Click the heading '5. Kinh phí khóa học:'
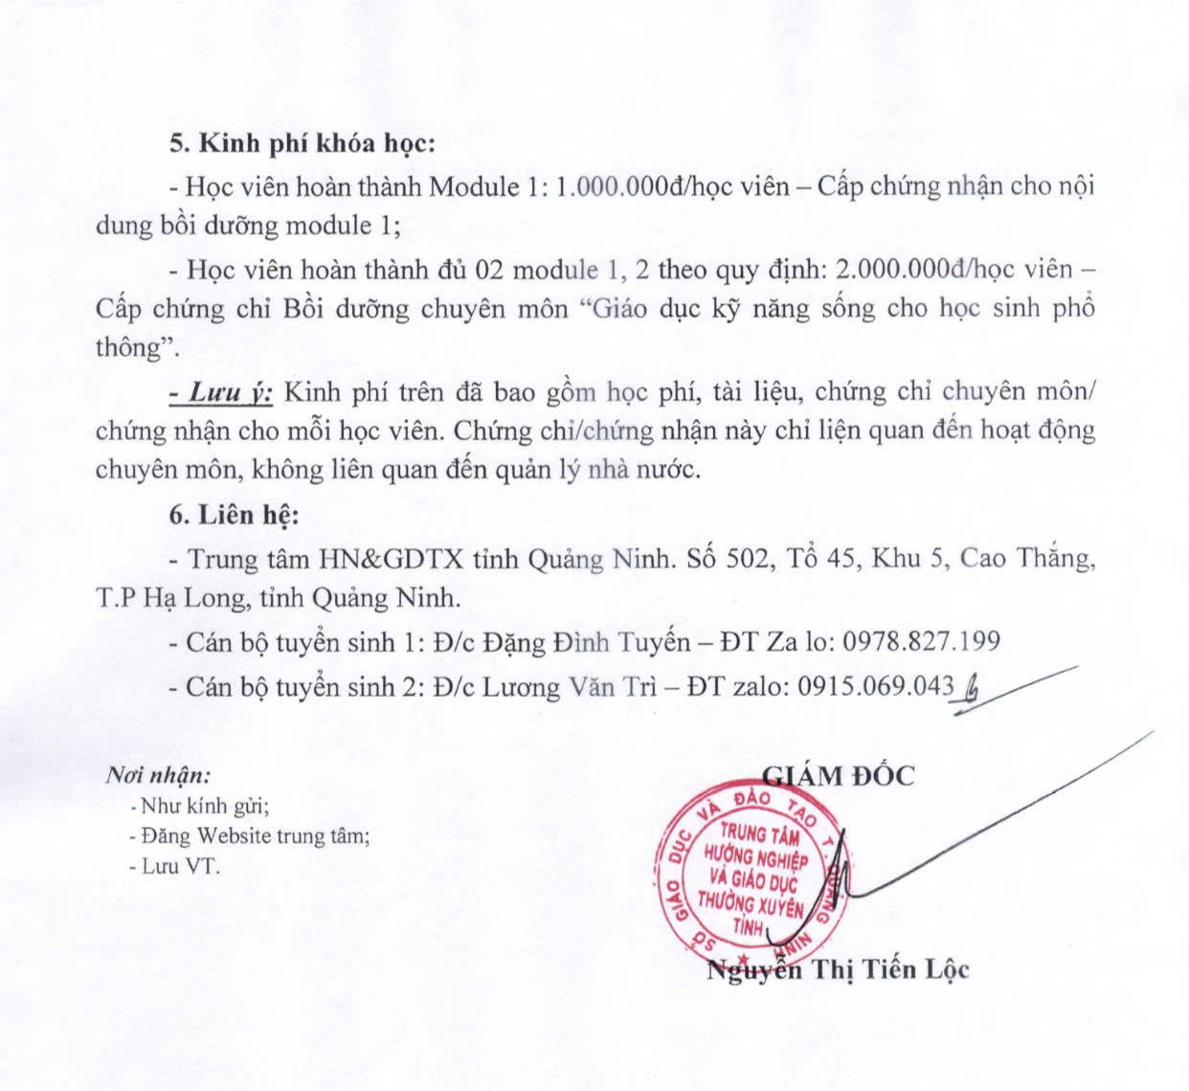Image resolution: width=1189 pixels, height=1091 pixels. point(303,144)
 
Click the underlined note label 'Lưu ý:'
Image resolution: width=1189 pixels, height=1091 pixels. point(222,391)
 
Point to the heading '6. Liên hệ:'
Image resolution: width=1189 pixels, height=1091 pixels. point(235,515)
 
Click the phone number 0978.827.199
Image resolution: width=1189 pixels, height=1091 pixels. point(921,640)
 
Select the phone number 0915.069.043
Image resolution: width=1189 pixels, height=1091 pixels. point(876,685)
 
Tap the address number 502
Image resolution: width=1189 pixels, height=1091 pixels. point(747,557)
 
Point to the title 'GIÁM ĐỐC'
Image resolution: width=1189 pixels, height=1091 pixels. point(839,774)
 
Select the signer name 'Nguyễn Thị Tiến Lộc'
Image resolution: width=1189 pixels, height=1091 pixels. point(839,969)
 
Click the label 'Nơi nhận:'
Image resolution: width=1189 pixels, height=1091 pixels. point(158,775)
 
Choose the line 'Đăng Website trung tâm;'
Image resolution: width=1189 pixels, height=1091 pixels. point(249,835)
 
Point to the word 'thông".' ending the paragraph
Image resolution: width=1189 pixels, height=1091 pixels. point(139,347)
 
